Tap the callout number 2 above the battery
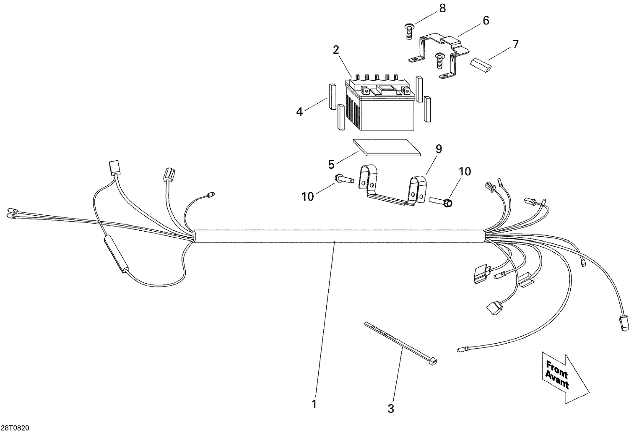tap(336, 50)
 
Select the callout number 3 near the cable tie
tap(391, 408)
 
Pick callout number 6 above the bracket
tap(486, 21)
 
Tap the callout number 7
tap(515, 43)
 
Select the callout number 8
tap(442, 8)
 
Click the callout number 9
tap(438, 148)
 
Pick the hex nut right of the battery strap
tap(447, 203)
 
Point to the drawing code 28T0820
tap(15, 428)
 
